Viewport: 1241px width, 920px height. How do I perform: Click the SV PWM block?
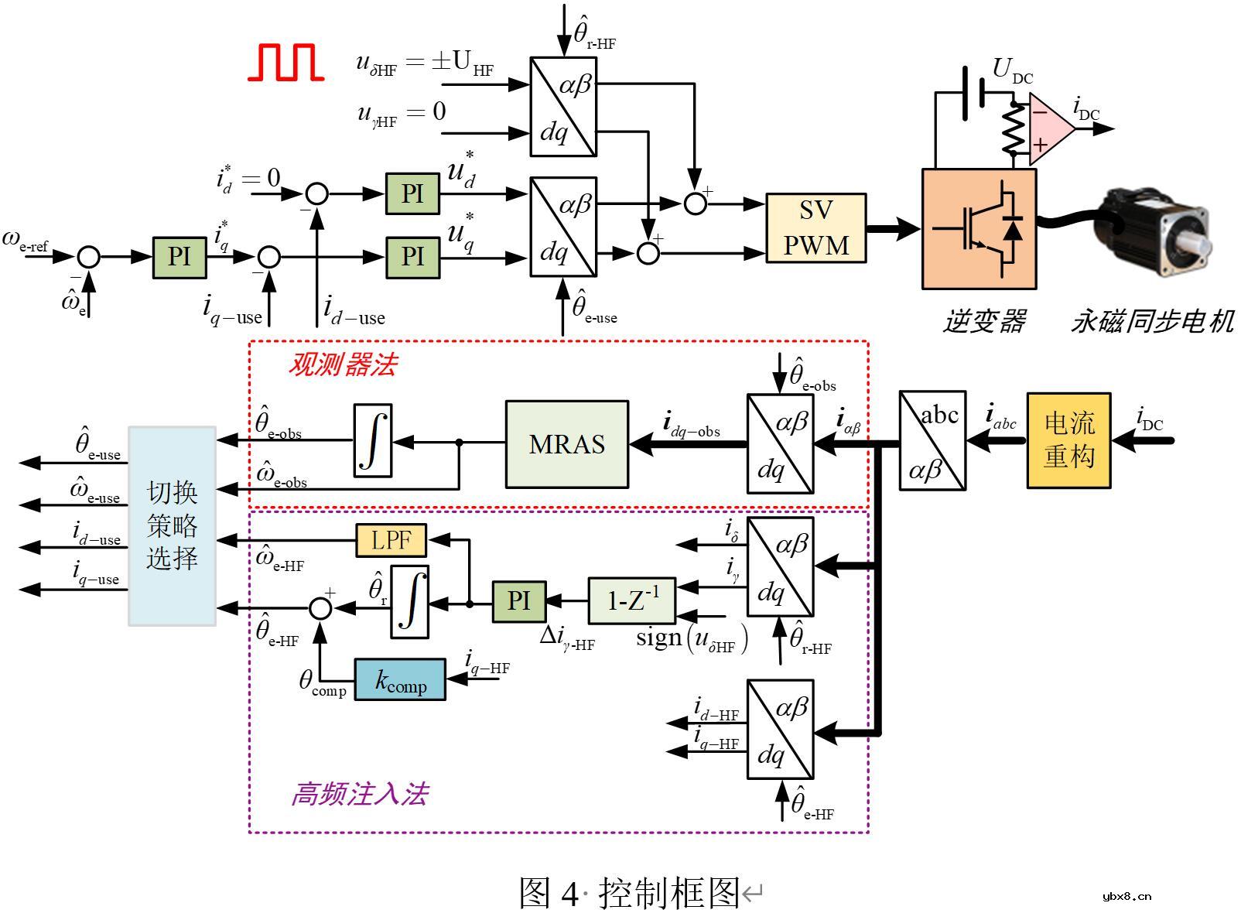[815, 228]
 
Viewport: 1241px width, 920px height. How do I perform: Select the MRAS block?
[566, 444]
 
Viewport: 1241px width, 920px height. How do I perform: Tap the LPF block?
[391, 540]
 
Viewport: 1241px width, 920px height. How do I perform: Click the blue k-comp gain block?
[400, 680]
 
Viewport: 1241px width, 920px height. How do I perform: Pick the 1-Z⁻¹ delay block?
[632, 600]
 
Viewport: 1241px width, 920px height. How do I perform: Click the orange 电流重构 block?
[1068, 440]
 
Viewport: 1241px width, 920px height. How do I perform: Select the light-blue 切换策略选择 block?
[172, 525]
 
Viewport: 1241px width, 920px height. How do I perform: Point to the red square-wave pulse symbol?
[285, 63]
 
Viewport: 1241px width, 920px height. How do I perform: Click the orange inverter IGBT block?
[979, 229]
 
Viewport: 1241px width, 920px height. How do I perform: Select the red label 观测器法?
[342, 364]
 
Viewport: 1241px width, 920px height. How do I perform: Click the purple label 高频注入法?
[360, 795]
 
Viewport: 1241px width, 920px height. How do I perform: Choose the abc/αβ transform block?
[932, 440]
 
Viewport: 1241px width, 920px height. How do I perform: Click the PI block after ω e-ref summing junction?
[179, 257]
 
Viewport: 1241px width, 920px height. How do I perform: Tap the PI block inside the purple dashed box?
[518, 600]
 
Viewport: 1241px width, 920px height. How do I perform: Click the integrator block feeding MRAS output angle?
[373, 440]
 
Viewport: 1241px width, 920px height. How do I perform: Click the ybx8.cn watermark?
[1126, 897]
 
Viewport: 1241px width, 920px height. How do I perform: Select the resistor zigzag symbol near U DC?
[1013, 129]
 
